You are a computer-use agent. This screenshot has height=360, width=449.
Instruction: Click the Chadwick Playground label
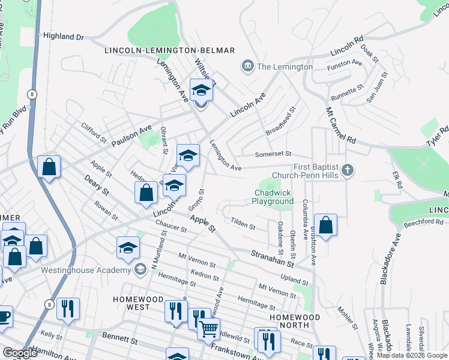coord(274,197)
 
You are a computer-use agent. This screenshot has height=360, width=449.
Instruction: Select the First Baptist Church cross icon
coord(346,171)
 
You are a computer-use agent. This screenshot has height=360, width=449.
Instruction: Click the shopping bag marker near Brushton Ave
coord(325,226)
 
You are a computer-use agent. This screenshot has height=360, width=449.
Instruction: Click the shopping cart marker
coord(208,328)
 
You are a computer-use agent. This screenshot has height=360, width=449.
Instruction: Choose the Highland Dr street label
coord(63,37)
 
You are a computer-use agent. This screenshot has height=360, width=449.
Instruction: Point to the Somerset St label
coord(272,154)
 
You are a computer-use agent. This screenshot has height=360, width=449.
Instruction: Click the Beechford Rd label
coord(424,222)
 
